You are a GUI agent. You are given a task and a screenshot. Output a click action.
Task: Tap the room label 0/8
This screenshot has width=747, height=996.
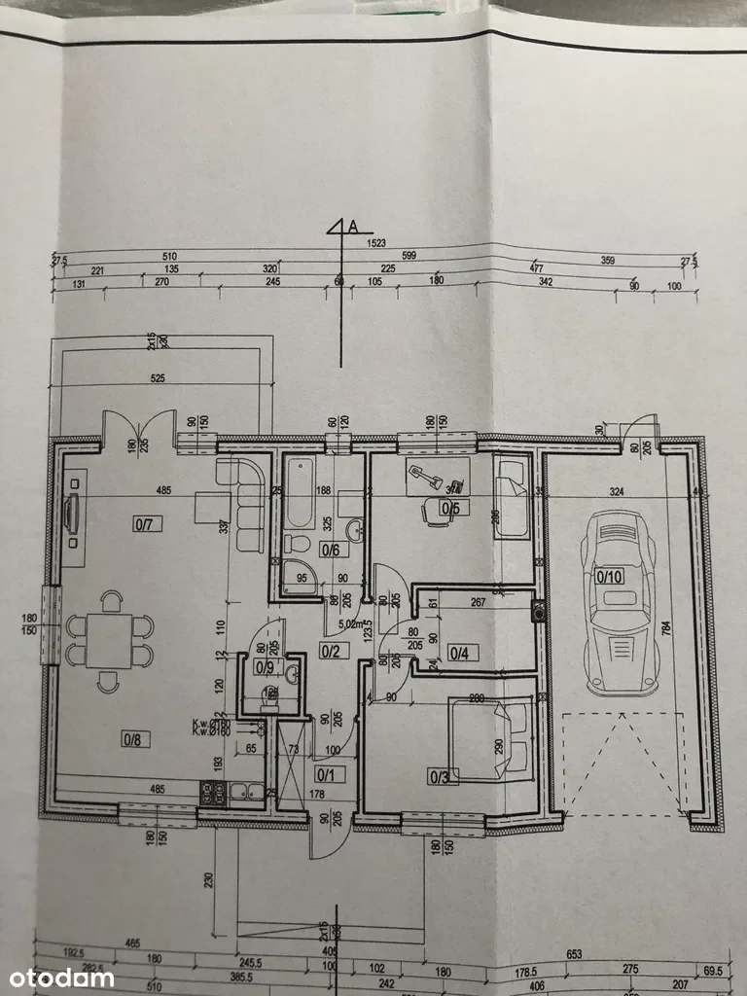coord(132,739)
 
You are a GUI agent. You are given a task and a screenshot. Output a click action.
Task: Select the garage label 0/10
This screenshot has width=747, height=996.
coord(609,576)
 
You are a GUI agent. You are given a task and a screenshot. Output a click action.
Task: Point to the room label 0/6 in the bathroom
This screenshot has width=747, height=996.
coord(330,550)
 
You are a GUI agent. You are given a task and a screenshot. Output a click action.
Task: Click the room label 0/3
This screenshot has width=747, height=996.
coord(439,775)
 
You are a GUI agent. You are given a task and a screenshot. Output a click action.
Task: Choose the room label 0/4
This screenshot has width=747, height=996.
coord(459,653)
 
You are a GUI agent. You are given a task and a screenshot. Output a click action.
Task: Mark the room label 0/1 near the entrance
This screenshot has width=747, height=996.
coord(325,774)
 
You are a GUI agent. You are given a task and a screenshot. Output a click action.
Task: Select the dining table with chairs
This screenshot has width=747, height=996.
coord(109,642)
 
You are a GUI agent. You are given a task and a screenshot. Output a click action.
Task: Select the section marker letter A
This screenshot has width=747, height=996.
coord(353,227)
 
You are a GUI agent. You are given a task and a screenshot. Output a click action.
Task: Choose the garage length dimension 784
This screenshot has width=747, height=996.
coord(694,629)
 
